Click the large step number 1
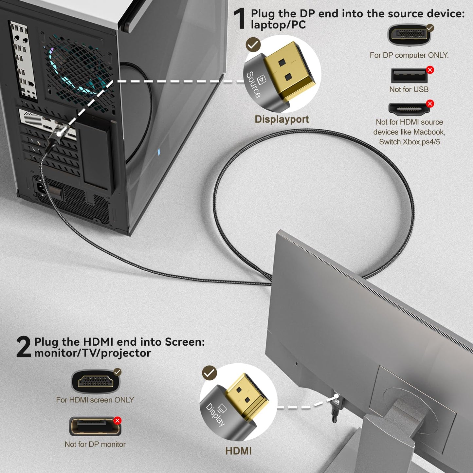click(x=240, y=19)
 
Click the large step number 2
click(x=24, y=347)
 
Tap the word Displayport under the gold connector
click(x=282, y=119)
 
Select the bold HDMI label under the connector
click(x=238, y=451)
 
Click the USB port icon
click(x=409, y=76)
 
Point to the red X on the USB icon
click(x=430, y=70)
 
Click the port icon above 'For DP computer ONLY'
click(x=409, y=35)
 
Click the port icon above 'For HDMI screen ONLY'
click(x=95, y=381)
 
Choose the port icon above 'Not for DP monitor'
click(x=95, y=426)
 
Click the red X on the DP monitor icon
click(x=117, y=421)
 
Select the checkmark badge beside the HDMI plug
click(x=209, y=373)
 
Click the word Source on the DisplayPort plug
click(x=254, y=84)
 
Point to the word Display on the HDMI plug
click(x=215, y=414)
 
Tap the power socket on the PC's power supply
click(x=41, y=188)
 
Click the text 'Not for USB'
click(x=409, y=89)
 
